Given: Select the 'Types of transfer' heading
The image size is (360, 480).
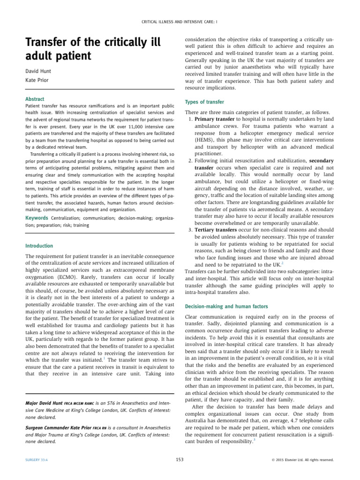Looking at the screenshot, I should pos(204,102).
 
